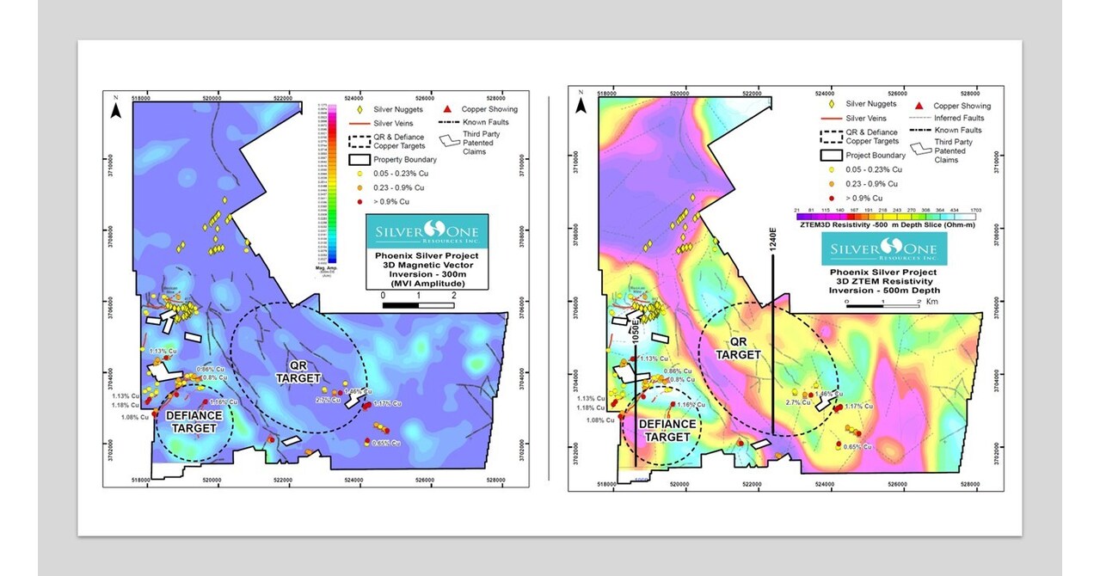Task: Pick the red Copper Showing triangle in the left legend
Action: (446, 109)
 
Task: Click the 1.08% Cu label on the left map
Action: (134, 417)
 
